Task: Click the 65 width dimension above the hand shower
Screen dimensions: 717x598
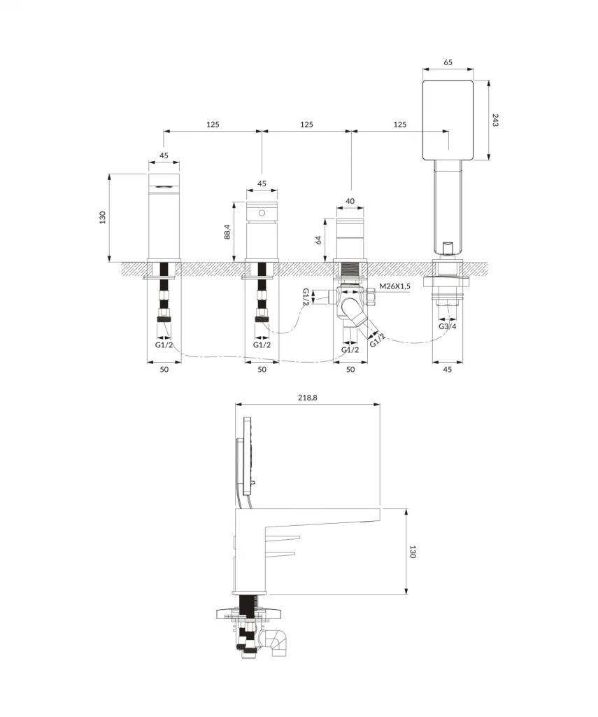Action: tap(448, 62)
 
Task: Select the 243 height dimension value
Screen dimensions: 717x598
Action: tap(494, 120)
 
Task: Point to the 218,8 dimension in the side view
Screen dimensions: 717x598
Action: tap(307, 397)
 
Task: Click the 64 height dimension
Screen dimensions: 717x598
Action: tap(318, 240)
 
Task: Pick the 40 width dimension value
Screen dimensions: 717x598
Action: tap(350, 201)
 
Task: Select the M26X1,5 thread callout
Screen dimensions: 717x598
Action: tap(394, 287)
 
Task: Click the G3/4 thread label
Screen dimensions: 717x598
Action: tap(448, 326)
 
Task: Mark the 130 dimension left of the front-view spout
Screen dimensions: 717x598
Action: tap(102, 217)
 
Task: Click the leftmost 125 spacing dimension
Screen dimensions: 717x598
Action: tap(213, 125)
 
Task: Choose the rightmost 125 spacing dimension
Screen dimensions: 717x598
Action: tap(399, 125)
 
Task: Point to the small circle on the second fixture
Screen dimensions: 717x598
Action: tap(262, 211)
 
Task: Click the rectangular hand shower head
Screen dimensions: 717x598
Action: tap(448, 120)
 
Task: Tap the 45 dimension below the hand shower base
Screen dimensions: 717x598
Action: tap(448, 369)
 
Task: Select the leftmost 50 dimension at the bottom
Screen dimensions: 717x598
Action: tap(164, 369)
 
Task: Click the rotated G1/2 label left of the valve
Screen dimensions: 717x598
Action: tap(306, 297)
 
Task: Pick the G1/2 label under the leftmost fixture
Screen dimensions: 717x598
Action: tap(164, 344)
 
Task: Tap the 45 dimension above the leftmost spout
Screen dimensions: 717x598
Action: tap(164, 155)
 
